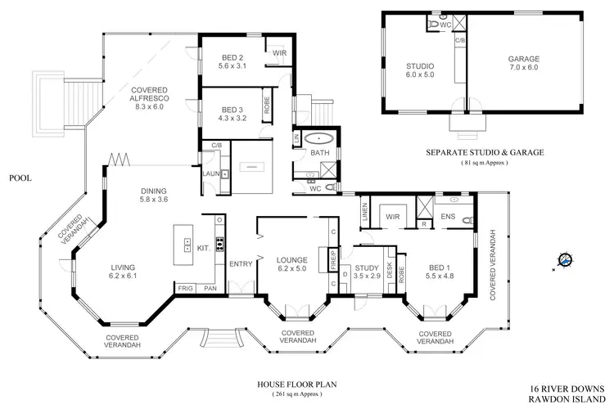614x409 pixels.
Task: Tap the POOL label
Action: click(x=19, y=177)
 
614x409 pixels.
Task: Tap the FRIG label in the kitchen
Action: click(x=185, y=289)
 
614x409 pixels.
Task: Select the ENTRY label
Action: click(x=241, y=263)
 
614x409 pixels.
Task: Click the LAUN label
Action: click(x=210, y=173)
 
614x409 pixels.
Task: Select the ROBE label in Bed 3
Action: click(x=267, y=106)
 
